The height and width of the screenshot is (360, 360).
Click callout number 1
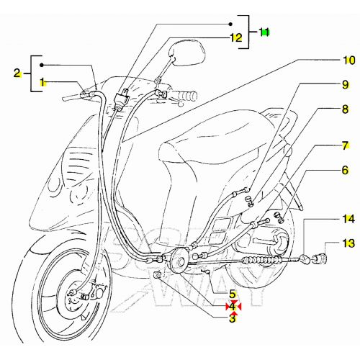click(x=42, y=82)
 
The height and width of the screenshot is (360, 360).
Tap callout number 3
click(x=233, y=317)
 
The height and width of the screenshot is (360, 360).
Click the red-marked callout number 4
click(x=233, y=306)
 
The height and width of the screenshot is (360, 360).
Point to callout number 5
click(x=233, y=294)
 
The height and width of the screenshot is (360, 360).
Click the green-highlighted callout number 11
click(x=264, y=32)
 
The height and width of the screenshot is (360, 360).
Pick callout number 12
click(x=235, y=37)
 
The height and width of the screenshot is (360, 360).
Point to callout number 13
click(x=348, y=244)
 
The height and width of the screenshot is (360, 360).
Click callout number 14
click(x=348, y=217)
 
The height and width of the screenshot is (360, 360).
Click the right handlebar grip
click(x=186, y=94)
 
